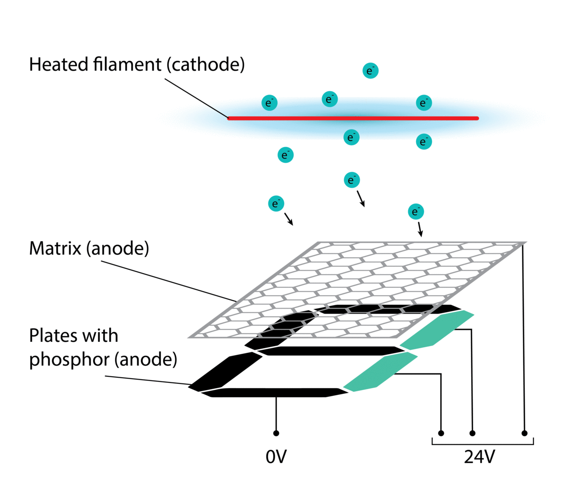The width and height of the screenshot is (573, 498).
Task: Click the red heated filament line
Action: (x=353, y=118)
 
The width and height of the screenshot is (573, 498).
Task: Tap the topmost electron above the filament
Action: (x=371, y=71)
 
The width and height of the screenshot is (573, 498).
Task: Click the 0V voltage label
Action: (x=276, y=457)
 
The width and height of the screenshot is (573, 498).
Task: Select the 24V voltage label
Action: (x=479, y=457)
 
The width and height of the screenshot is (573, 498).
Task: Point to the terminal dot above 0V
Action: (x=276, y=433)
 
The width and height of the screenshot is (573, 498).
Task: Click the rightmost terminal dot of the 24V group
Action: (x=524, y=433)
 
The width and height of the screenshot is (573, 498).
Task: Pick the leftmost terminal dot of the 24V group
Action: (x=441, y=433)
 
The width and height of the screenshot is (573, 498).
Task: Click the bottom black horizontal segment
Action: (x=277, y=392)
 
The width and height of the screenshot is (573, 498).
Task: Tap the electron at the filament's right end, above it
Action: (x=424, y=103)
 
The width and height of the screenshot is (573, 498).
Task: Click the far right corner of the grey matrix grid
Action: (x=524, y=243)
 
